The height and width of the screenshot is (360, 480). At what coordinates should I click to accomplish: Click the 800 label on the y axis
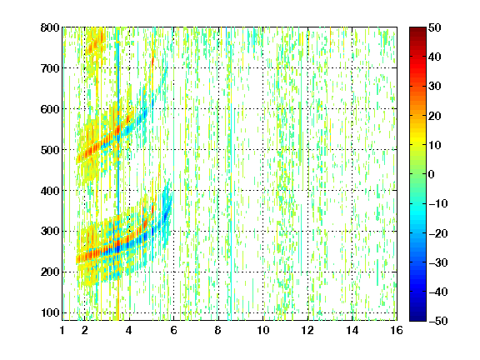pyautogui.click(x=50, y=27)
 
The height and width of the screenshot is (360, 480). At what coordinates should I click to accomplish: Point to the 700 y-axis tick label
pyautogui.click(x=50, y=68)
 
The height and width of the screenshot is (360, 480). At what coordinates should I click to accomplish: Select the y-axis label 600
pyautogui.click(x=50, y=109)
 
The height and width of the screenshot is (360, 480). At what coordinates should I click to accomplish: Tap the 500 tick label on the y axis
pyautogui.click(x=50, y=150)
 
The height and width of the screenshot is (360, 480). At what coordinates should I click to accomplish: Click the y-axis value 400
pyautogui.click(x=50, y=191)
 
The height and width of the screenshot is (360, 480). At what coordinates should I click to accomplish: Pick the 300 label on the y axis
pyautogui.click(x=50, y=232)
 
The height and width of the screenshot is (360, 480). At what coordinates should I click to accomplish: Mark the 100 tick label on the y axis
pyautogui.click(x=50, y=312)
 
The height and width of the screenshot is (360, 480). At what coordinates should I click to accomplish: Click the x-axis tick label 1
pyautogui.click(x=62, y=330)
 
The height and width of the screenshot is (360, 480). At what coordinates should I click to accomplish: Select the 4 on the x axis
pyautogui.click(x=129, y=330)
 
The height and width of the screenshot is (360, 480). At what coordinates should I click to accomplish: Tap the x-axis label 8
pyautogui.click(x=218, y=330)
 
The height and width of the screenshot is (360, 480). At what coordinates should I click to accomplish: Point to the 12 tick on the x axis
pyautogui.click(x=307, y=330)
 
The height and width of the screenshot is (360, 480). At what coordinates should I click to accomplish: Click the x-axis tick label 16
pyautogui.click(x=397, y=330)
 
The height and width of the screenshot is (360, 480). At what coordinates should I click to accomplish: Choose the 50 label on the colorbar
pyautogui.click(x=434, y=27)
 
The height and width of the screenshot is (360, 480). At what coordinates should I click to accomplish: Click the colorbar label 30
pyautogui.click(x=434, y=86)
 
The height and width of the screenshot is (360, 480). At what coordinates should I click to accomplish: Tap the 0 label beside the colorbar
pyautogui.click(x=432, y=174)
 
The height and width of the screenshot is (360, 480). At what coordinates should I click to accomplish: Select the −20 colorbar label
pyautogui.click(x=438, y=233)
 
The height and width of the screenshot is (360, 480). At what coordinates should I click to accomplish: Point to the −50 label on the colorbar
pyautogui.click(x=438, y=321)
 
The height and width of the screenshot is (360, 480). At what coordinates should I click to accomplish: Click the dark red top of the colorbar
pyautogui.click(x=417, y=30)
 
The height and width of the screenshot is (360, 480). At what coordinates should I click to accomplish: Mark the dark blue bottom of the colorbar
pyautogui.click(x=417, y=318)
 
